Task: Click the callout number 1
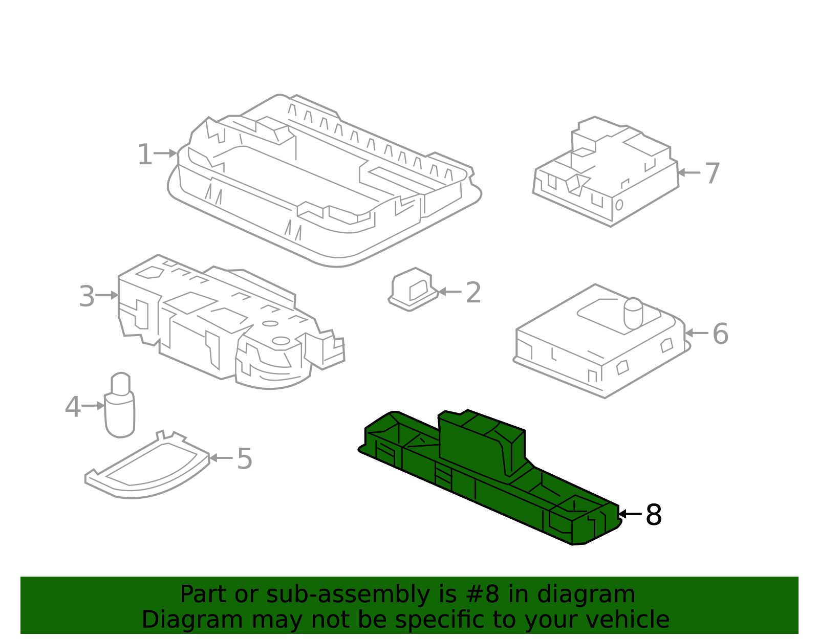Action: coord(145,155)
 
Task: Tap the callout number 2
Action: coord(473,293)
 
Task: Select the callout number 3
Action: coord(87,296)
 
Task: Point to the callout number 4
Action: coord(73,407)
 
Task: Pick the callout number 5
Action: coord(244,458)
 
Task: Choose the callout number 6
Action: coord(720,334)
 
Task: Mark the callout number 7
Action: coord(712,173)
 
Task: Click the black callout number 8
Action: coord(654,515)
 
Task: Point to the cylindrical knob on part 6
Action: coord(633,313)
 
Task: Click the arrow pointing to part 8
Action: coord(630,514)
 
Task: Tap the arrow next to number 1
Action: coord(165,153)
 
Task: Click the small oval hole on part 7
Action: coord(619,205)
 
